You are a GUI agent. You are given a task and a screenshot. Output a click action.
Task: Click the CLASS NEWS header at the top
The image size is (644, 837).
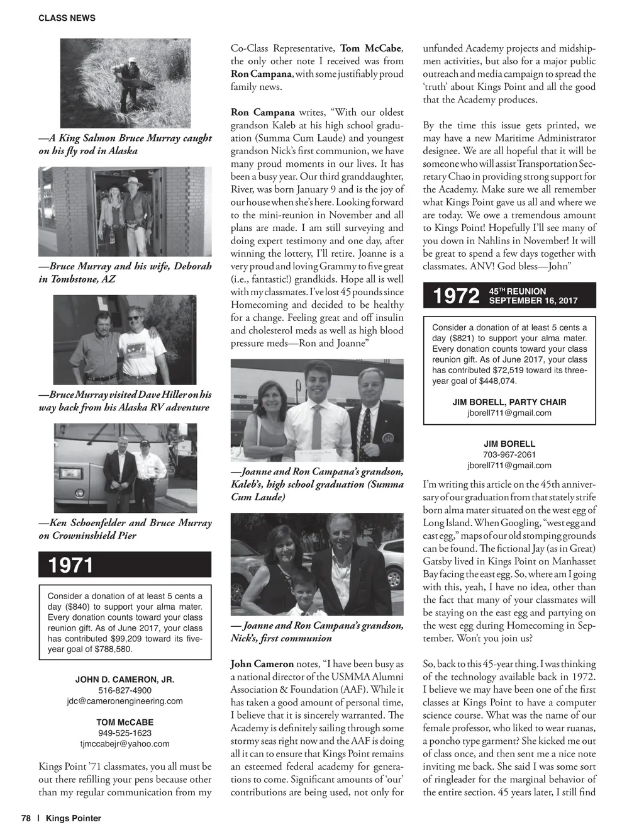[67, 18]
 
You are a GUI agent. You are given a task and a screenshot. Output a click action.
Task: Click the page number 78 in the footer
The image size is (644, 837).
[26, 818]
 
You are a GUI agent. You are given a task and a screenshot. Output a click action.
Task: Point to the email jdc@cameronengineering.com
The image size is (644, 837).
[125, 700]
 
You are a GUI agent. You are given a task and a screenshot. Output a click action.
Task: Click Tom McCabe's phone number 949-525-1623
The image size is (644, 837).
[125, 733]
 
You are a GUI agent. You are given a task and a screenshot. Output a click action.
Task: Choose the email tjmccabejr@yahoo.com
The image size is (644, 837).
[125, 743]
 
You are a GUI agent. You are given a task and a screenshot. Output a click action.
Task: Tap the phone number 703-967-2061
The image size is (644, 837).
[509, 454]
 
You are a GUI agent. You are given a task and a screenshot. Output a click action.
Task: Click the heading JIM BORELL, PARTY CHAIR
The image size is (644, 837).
[509, 402]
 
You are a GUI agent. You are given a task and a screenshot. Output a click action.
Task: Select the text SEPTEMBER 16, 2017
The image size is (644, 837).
[533, 301]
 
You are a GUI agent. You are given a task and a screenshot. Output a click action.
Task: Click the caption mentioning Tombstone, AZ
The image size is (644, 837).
[125, 272]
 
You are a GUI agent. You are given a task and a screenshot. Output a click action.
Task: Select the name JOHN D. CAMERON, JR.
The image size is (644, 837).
[125, 680]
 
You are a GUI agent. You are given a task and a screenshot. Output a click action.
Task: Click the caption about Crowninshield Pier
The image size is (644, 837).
[125, 529]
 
